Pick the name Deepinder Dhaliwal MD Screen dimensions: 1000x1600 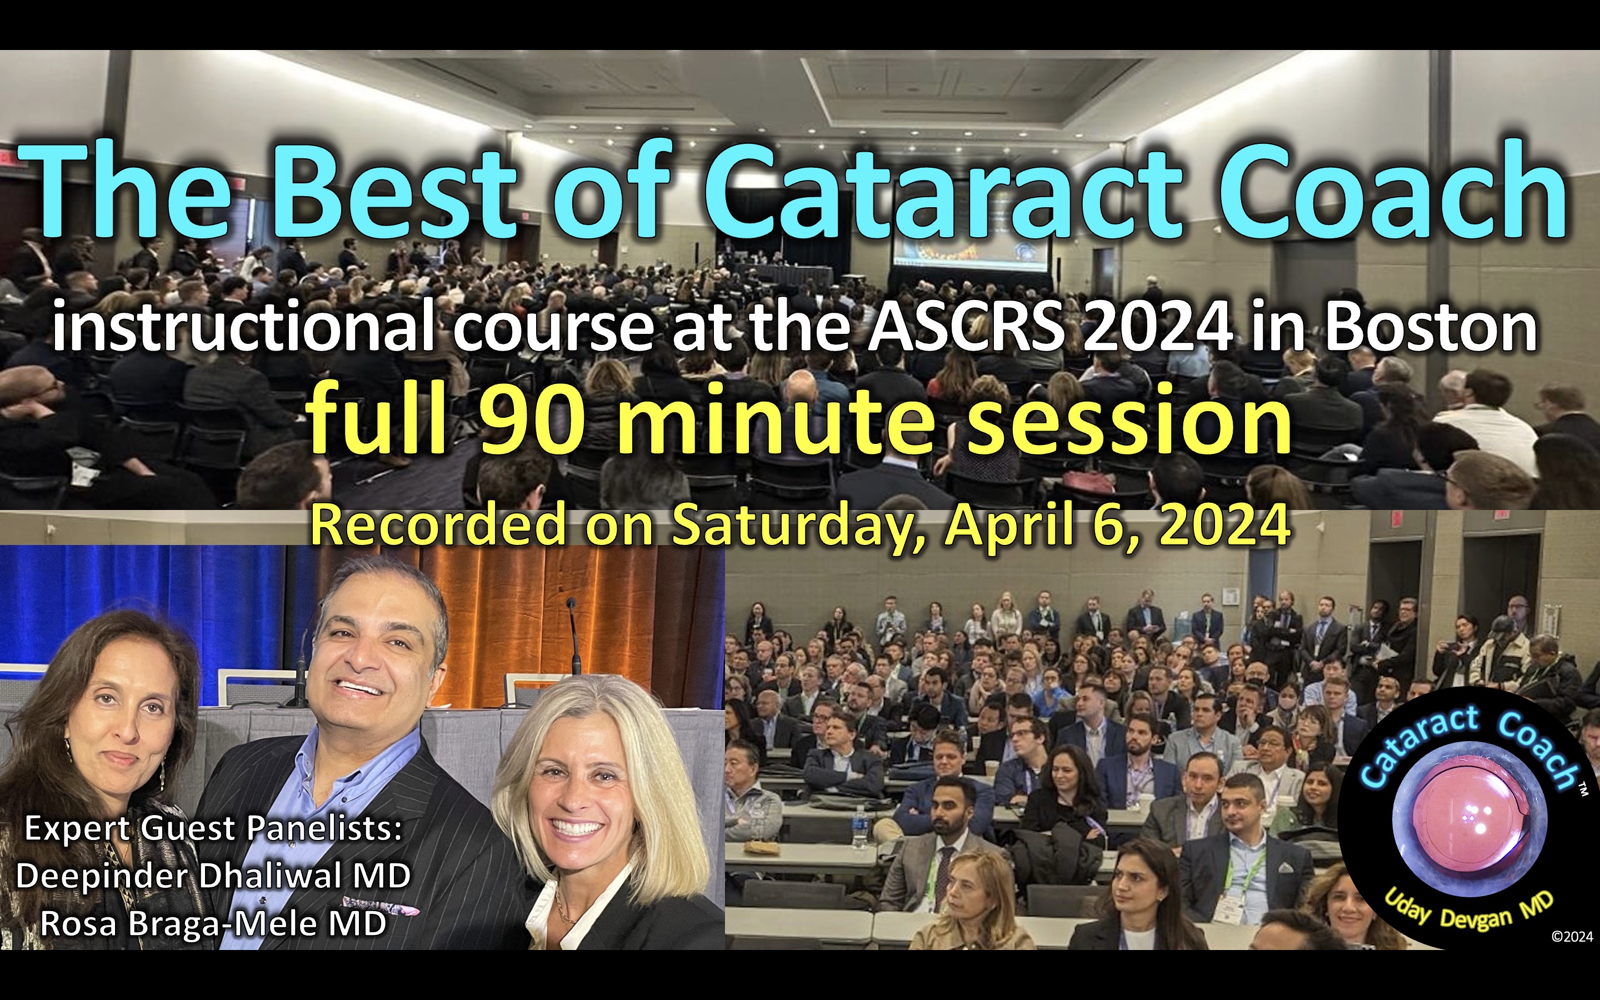click(213, 876)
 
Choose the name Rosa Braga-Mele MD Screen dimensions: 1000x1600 click(213, 923)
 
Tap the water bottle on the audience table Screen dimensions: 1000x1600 click(859, 827)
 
